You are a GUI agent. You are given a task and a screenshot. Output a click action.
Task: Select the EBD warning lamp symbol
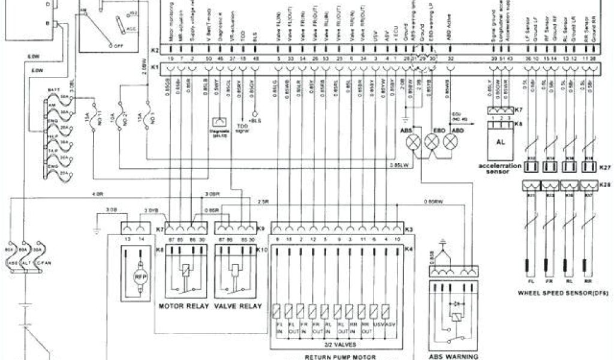pos(432,142)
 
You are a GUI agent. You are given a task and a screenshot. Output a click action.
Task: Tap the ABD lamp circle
pos(450,142)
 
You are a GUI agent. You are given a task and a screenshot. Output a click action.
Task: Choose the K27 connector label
pos(604,169)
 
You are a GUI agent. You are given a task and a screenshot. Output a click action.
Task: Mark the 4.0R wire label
pos(98,194)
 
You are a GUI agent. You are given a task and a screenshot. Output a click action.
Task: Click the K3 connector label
pos(409,230)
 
